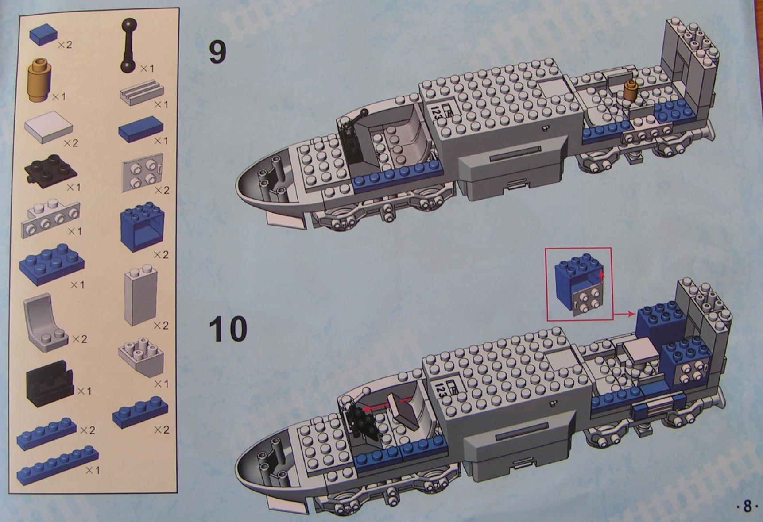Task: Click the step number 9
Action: (217, 53)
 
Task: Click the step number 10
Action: (229, 329)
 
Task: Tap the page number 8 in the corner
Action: (748, 506)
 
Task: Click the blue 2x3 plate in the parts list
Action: (52, 264)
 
